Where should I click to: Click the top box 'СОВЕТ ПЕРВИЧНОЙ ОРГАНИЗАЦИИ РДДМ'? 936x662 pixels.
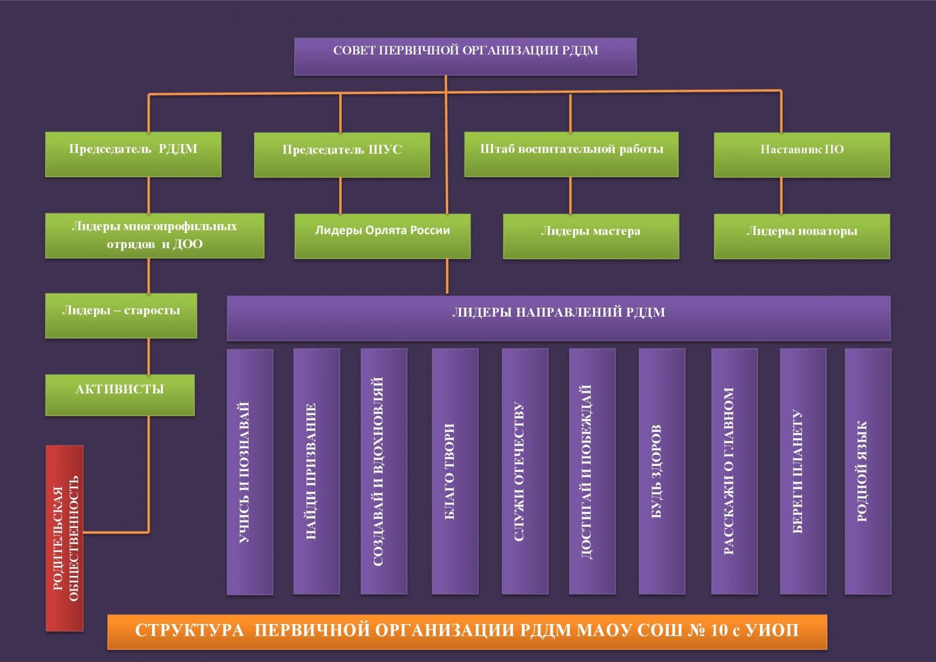[x=465, y=56]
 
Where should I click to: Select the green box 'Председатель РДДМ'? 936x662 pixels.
[x=133, y=154]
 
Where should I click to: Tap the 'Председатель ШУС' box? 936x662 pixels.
[x=342, y=155]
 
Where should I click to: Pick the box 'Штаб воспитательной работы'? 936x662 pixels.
[x=572, y=154]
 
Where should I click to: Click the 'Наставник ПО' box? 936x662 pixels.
[x=801, y=155]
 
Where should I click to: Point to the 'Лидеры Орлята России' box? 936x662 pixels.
[x=383, y=235]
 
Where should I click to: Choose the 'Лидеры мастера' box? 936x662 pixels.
[x=591, y=236]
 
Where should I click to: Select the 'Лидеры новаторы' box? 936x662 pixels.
[x=801, y=236]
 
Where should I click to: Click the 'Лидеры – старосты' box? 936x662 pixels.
[x=121, y=315]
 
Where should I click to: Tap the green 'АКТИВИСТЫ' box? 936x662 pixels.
[x=120, y=395]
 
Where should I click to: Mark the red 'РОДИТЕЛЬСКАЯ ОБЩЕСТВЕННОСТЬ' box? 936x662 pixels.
[x=65, y=538]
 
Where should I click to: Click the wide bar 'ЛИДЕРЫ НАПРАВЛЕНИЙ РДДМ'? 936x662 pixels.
[x=559, y=318]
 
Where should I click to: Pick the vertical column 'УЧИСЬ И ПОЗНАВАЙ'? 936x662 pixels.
[x=250, y=472]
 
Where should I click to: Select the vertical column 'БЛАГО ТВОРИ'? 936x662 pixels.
[x=455, y=471]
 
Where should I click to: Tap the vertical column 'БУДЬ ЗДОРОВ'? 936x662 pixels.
[x=662, y=471]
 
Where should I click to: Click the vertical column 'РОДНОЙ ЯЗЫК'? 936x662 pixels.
[x=868, y=471]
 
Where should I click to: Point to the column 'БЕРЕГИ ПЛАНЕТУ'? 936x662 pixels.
[x=803, y=471]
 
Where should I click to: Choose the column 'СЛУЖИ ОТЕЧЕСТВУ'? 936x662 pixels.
[x=525, y=471]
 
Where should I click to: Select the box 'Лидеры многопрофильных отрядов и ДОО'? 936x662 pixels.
[x=154, y=235]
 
